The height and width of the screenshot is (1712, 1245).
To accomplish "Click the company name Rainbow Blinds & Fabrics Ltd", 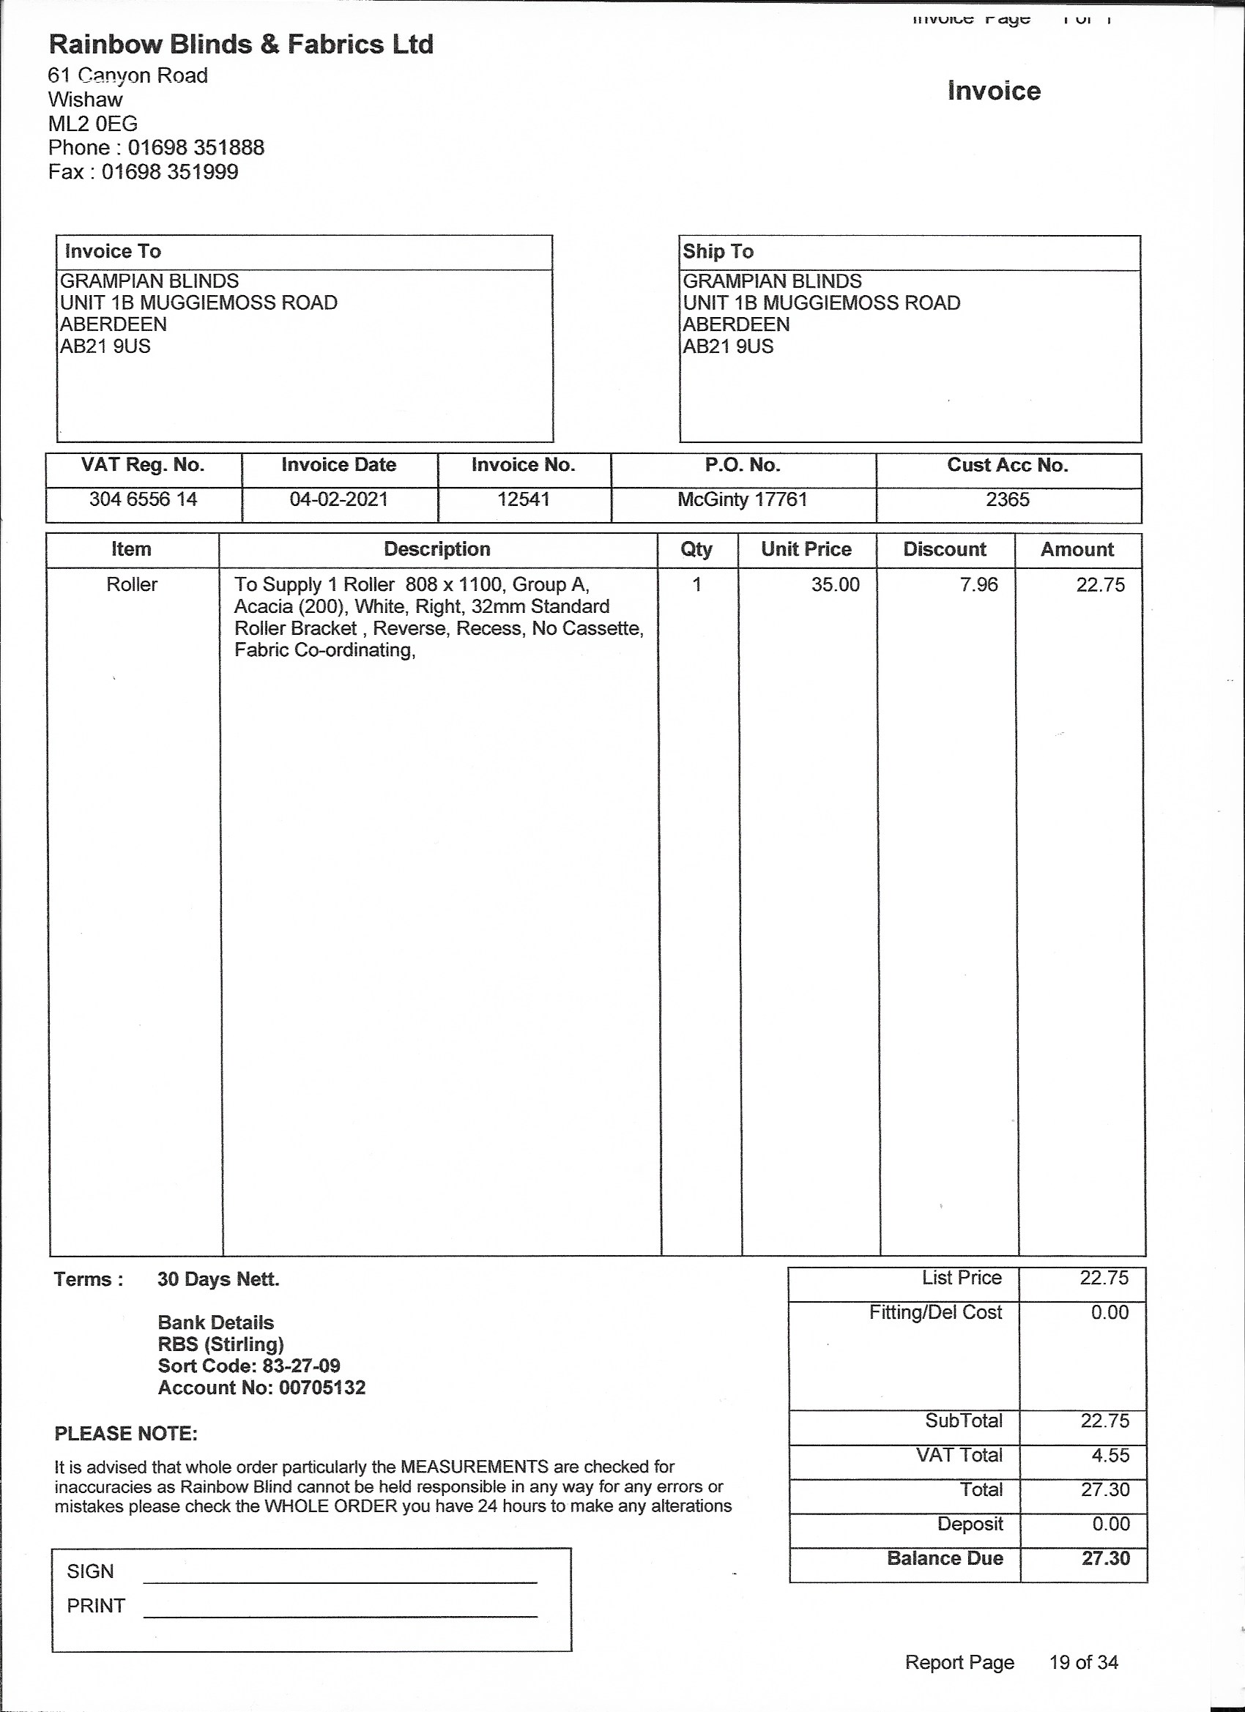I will pyautogui.click(x=241, y=45).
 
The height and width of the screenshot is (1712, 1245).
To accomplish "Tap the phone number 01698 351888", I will pyautogui.click(x=196, y=147).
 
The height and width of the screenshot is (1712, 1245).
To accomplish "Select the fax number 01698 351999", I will pyautogui.click(x=170, y=171).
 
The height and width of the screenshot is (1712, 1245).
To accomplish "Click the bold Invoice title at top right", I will pyautogui.click(x=994, y=92).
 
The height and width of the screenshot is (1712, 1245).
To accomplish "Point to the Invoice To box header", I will pyautogui.click(x=114, y=251).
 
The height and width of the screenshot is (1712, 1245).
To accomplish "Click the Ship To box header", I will pyautogui.click(x=718, y=251).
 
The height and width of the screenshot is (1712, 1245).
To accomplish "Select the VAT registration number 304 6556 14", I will pyautogui.click(x=143, y=499).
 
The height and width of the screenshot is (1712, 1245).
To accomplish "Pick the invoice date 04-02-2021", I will pyautogui.click(x=338, y=499).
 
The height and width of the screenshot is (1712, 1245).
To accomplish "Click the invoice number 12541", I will pyautogui.click(x=523, y=499).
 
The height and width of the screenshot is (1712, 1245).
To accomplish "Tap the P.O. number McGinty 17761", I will pyautogui.click(x=742, y=499).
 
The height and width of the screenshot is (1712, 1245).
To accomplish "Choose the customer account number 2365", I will pyautogui.click(x=1007, y=499).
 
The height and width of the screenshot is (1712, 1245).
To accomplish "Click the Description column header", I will pyautogui.click(x=437, y=548).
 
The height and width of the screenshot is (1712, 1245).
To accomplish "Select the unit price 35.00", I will pyautogui.click(x=835, y=584).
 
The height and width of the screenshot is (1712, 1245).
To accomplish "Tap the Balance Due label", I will pyautogui.click(x=945, y=1558).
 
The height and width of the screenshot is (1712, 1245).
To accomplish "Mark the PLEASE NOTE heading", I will pyautogui.click(x=126, y=1434).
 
